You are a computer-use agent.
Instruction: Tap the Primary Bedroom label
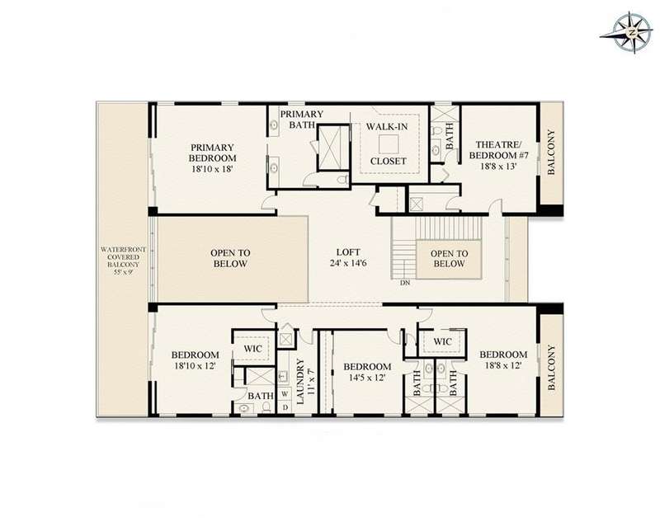(x=212, y=153)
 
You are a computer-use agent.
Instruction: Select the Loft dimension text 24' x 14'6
(x=348, y=263)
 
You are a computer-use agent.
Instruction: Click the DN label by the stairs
(x=405, y=283)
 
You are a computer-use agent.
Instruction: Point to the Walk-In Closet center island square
(x=388, y=144)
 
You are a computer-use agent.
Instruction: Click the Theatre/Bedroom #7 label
(x=498, y=150)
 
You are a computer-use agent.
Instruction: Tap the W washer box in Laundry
(x=285, y=394)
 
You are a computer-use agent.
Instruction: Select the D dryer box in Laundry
(x=285, y=406)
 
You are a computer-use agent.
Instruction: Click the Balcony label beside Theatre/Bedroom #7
(x=551, y=153)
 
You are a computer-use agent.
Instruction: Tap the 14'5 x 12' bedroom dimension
(x=367, y=378)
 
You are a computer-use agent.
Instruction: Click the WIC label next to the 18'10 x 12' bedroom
(x=252, y=349)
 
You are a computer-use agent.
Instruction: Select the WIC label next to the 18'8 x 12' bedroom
(x=442, y=341)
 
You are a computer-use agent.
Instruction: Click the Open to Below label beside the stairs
(x=449, y=258)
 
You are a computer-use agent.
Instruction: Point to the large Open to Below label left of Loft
(x=230, y=258)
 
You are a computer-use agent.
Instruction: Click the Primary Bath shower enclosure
(x=334, y=148)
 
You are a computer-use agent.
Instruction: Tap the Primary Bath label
(x=302, y=119)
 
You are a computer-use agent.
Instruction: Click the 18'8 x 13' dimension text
(x=498, y=166)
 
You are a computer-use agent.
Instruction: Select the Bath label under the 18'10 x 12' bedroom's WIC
(x=261, y=396)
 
